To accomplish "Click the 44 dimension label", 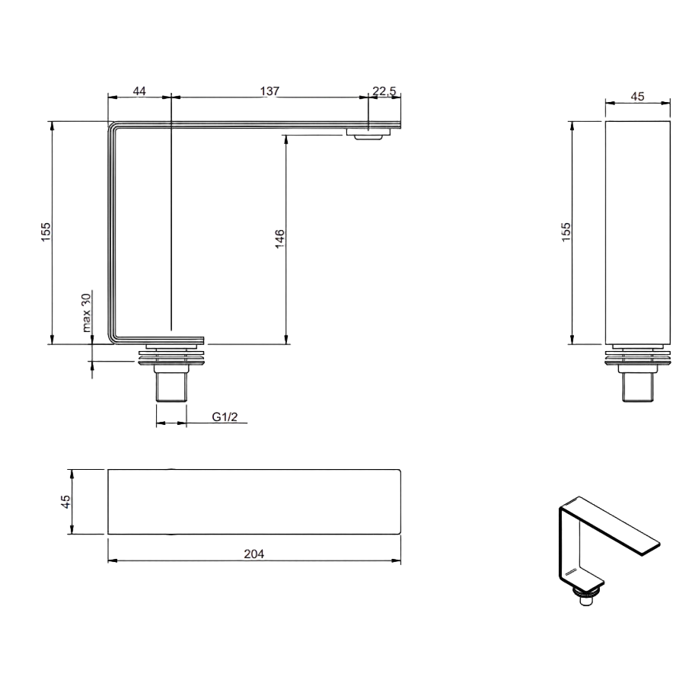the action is (x=139, y=91).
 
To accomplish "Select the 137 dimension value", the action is (x=269, y=91).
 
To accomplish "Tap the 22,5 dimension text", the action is (x=384, y=91).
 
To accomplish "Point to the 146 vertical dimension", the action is (x=279, y=238).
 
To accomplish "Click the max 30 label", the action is (x=86, y=312).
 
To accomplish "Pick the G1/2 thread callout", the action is (x=225, y=417).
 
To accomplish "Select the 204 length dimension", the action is (x=253, y=554).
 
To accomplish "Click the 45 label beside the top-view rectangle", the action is (x=65, y=501).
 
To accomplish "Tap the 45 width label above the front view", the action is (x=637, y=96).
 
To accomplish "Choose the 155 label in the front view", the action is (x=566, y=232).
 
